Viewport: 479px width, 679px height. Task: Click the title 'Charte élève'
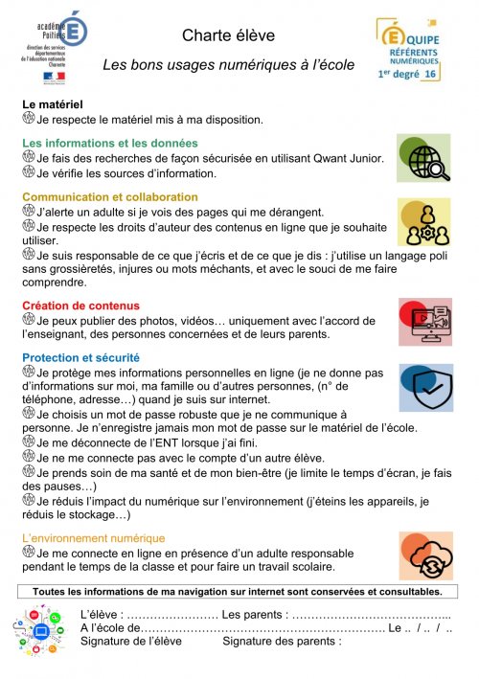[x=228, y=35]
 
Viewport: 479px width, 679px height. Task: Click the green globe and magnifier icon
[x=424, y=158]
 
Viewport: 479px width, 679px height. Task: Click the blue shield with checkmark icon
[x=425, y=387]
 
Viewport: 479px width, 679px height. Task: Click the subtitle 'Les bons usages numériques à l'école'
[x=228, y=65]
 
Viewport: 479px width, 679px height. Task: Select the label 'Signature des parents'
[x=282, y=641]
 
